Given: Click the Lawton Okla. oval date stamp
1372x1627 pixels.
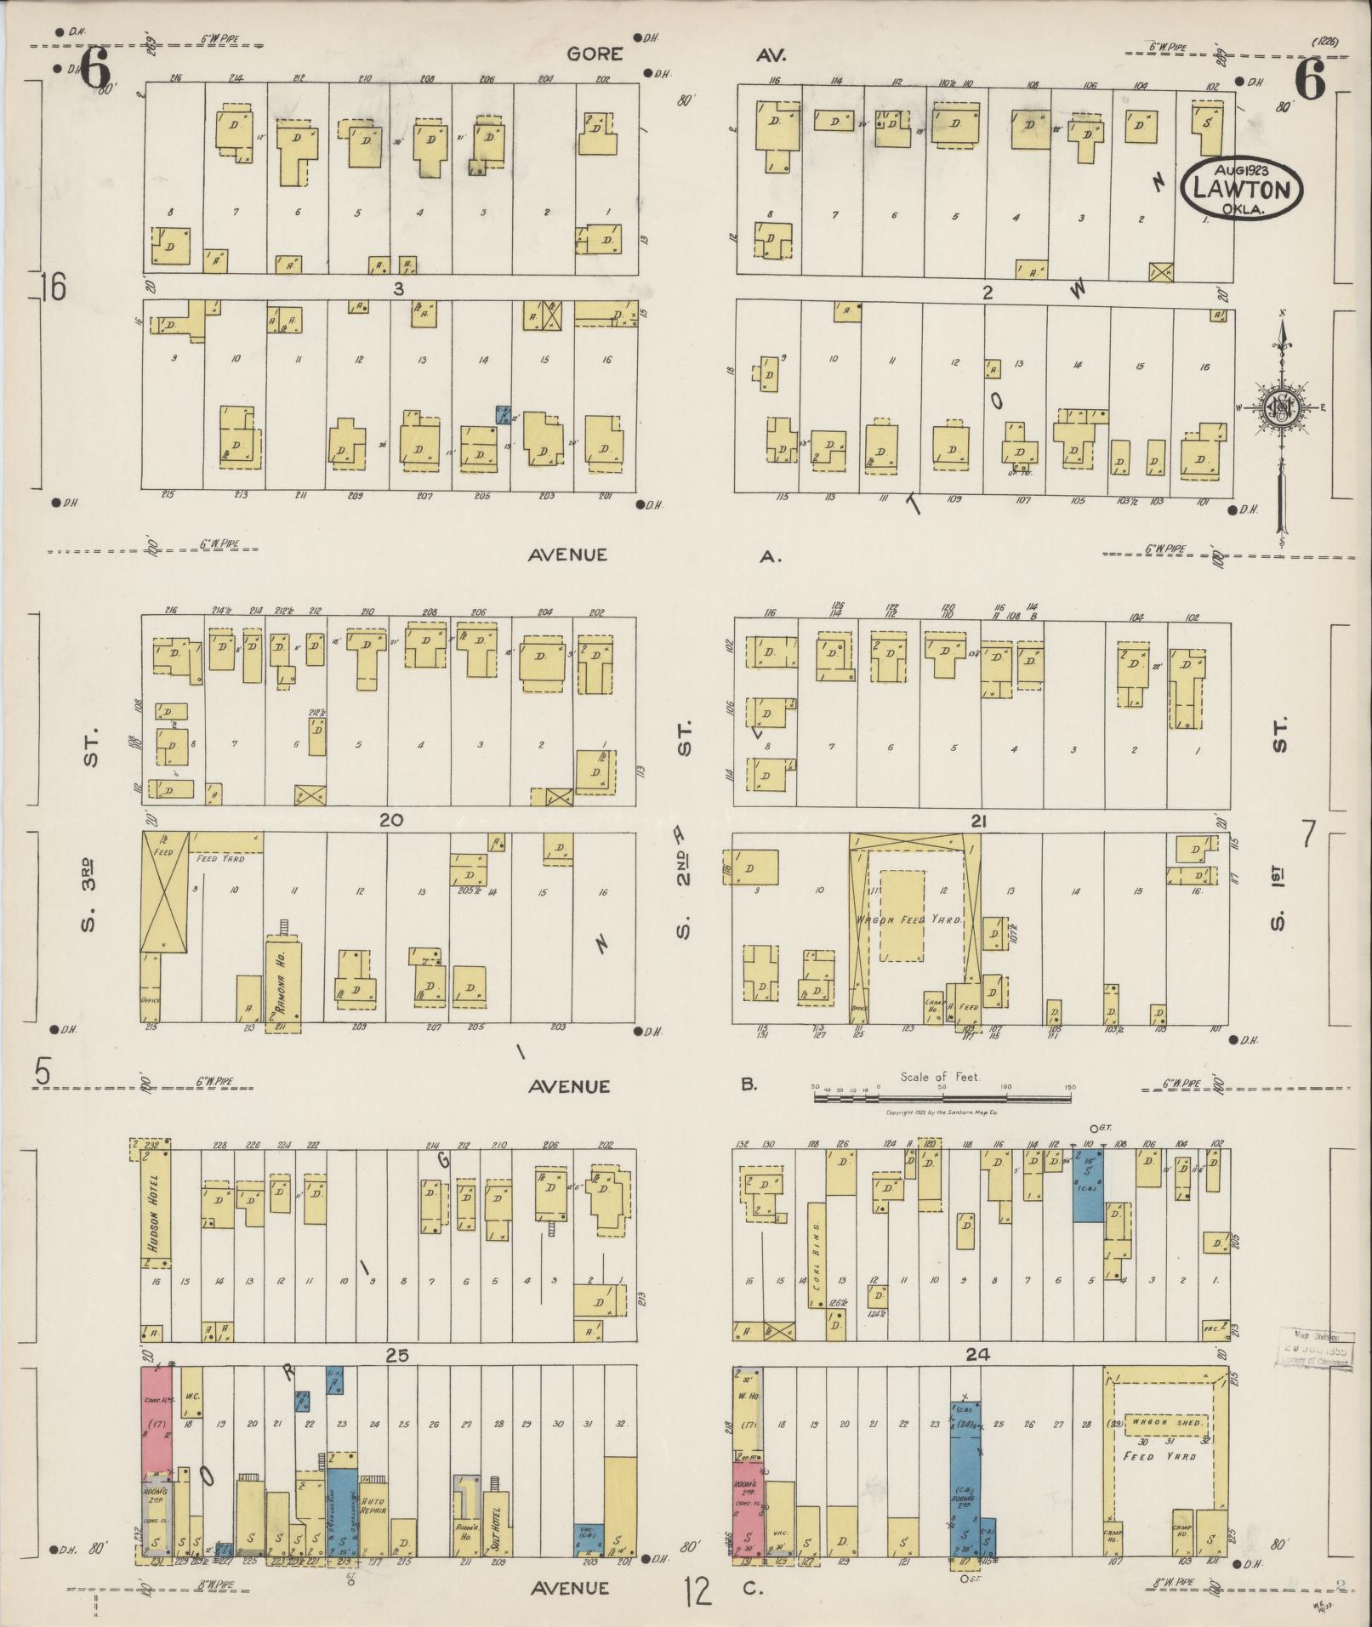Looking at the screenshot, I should [1241, 188].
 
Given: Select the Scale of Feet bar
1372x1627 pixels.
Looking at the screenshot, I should [942, 1098].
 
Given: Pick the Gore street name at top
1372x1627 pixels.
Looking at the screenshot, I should [595, 54].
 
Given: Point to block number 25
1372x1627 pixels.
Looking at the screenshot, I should [397, 1357].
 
